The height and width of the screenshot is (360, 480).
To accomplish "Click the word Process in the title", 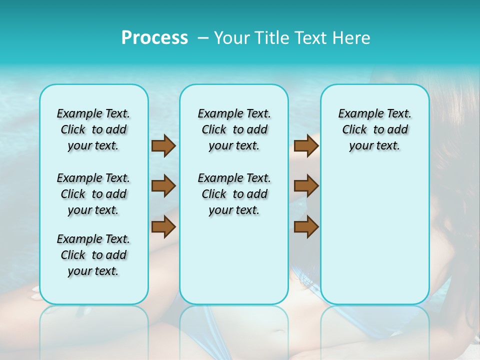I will click(x=154, y=38).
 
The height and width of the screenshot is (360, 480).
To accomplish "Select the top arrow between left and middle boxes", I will click(x=163, y=145).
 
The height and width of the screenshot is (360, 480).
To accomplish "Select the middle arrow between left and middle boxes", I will click(x=163, y=186).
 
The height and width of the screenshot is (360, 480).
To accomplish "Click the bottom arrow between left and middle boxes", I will click(x=163, y=226).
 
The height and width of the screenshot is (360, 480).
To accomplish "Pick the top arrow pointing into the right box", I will click(x=306, y=145).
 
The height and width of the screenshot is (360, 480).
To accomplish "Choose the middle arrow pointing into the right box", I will click(x=306, y=186).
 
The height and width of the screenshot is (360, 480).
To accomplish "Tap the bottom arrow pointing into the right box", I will click(x=306, y=226).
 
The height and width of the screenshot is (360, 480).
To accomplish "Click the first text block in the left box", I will click(x=93, y=129).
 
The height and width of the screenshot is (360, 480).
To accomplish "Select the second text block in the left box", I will click(x=93, y=194).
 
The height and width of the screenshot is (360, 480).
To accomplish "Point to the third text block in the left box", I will click(x=93, y=255).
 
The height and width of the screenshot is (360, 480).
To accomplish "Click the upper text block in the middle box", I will click(x=234, y=129).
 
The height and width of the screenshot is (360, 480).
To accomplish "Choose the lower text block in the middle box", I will click(x=234, y=194).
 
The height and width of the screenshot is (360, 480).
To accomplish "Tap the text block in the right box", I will click(x=374, y=129).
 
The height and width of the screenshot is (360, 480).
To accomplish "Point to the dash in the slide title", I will click(x=203, y=38).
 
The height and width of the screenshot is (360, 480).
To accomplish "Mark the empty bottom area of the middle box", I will click(x=234, y=265).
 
